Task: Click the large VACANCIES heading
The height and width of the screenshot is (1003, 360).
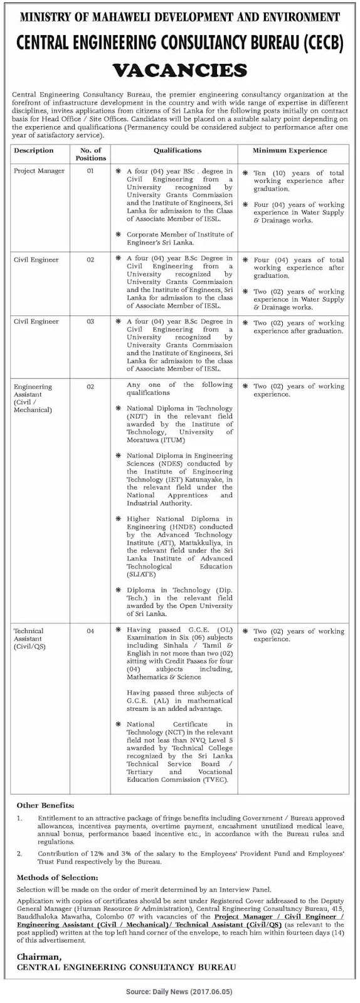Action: coord(179,68)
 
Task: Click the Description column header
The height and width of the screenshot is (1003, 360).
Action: coord(34,150)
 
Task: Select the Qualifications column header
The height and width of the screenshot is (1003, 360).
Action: coord(177,150)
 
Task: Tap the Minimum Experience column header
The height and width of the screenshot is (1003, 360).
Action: coord(289,150)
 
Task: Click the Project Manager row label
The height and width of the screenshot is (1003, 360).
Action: coord(36,171)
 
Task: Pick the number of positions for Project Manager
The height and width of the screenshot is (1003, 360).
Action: coord(90,171)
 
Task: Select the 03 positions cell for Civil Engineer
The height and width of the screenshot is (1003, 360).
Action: coord(90,322)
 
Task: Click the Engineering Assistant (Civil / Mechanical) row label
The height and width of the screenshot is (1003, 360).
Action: coord(33,398)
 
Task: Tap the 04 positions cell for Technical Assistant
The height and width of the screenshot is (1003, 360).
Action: coord(90,631)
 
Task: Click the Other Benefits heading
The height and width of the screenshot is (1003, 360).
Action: coord(45,805)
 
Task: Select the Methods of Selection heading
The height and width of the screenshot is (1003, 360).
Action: coord(57,877)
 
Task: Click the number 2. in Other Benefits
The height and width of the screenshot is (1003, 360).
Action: coord(19,854)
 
